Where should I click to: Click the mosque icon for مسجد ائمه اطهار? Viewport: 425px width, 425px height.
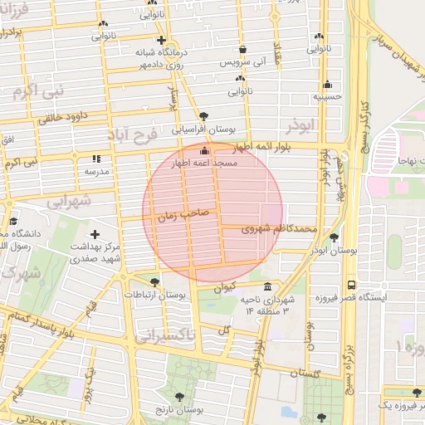[x=205, y=149]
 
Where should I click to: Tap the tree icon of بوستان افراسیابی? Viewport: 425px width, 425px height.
[x=204, y=115]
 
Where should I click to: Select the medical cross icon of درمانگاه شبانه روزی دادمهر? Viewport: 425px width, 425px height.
[x=161, y=40]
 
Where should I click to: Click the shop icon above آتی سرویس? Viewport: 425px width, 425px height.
[x=242, y=49]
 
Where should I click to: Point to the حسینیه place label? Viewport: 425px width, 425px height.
[x=327, y=96]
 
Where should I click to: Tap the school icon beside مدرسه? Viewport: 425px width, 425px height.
[x=96, y=158]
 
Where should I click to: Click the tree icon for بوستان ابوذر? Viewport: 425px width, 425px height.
[x=334, y=237]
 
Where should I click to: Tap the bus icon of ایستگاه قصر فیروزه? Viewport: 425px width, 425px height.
[x=351, y=283]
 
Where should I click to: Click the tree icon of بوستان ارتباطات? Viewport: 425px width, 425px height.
[x=154, y=282]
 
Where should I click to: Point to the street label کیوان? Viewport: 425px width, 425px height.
[x=224, y=289]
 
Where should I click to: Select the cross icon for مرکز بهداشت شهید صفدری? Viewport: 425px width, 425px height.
[x=95, y=235]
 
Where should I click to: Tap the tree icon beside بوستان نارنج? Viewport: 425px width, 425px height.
[x=180, y=398]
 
